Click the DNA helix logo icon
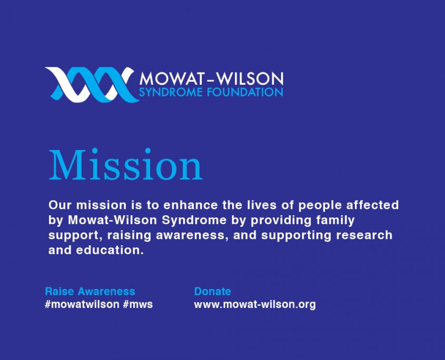tap(90, 84)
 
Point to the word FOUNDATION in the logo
tap(241, 93)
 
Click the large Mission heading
tap(125, 166)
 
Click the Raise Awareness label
tap(90, 291)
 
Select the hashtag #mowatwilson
tap(82, 304)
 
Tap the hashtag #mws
tap(138, 304)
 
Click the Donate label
tap(213, 291)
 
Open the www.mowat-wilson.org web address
tap(255, 304)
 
